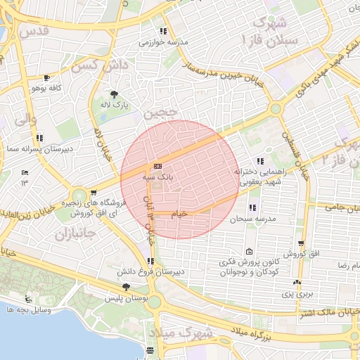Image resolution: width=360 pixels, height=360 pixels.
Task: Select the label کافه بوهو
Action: [47, 90]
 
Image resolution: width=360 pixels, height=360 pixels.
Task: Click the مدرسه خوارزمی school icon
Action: [164, 31]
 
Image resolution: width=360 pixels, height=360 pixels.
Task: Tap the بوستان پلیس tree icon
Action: [126, 286]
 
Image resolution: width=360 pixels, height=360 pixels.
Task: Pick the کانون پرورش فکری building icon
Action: [249, 252]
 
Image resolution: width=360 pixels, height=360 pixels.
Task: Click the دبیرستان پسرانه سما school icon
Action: [40, 138]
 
